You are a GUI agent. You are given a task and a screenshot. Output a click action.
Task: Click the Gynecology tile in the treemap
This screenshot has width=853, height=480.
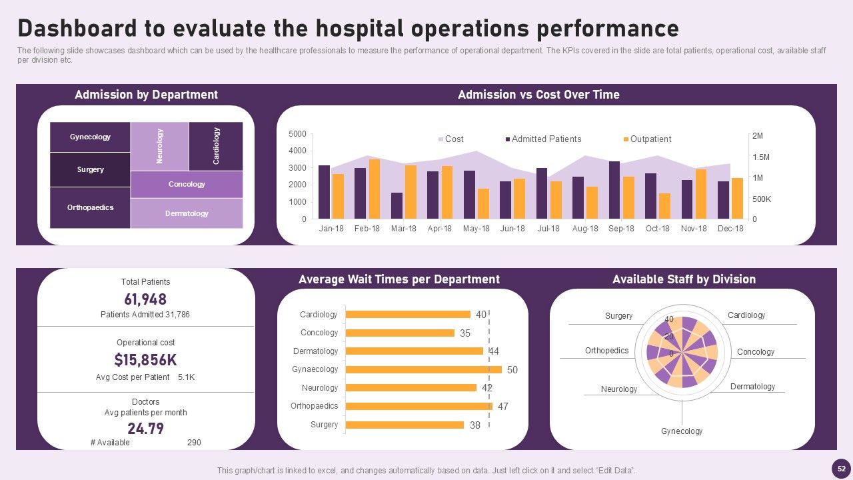click(90, 137)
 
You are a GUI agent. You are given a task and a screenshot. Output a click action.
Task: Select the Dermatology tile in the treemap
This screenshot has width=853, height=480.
click(187, 213)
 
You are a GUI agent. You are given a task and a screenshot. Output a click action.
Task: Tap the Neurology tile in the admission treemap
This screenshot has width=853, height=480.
click(159, 146)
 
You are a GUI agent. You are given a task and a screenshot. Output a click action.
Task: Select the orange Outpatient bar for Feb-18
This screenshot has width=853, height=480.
click(375, 189)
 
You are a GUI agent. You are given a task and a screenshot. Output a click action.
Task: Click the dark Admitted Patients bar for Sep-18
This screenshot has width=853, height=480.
click(614, 190)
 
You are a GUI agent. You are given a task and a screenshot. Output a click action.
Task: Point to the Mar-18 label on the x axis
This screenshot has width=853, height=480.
click(403, 229)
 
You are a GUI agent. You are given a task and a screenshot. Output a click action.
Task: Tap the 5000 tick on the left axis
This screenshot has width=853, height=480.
click(298, 135)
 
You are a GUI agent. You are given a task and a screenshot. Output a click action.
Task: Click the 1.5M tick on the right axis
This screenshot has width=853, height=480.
click(760, 157)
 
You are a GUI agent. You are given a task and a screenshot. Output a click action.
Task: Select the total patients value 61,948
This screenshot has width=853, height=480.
click(145, 299)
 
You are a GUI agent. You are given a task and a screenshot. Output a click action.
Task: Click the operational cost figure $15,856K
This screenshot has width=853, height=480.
click(145, 360)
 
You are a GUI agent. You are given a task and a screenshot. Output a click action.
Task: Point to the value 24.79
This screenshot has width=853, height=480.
click(145, 428)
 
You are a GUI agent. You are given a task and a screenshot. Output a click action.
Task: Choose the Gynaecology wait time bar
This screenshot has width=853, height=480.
click(424, 369)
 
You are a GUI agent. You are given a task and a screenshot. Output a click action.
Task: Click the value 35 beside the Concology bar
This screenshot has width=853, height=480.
click(465, 333)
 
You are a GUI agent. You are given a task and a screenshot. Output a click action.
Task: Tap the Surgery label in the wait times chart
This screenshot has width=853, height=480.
click(325, 425)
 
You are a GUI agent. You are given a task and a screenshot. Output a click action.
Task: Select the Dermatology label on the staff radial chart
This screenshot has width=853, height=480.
click(752, 387)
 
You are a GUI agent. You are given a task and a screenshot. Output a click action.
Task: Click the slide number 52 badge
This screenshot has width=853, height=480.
click(842, 467)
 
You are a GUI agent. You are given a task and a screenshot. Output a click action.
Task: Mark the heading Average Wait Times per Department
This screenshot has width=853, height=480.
click(399, 279)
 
